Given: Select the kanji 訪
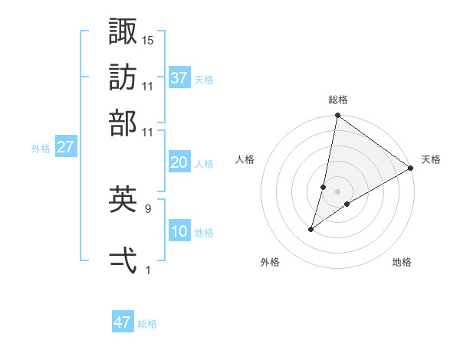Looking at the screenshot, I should pos(123,77).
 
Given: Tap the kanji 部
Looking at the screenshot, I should pos(123,123).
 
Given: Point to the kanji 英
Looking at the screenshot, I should pos(123,200).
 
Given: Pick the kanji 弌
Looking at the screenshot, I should pos(123,260).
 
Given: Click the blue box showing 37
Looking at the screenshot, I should pos(179,77).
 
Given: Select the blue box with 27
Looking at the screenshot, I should pos(65,147).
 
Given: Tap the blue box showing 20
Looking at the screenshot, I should pos(179,162).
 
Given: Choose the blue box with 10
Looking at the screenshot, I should pos(179,231).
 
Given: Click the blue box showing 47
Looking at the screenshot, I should pos(123,322).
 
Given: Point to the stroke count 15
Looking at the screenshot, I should pos(148,39).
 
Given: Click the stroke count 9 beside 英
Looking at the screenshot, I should pos(148,208).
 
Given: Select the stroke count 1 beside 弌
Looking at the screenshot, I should pos(148,269).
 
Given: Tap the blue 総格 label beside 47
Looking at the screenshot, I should pos(147,324).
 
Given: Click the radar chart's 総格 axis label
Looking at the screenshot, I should pos(337,100).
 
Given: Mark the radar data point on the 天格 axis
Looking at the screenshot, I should pos(411,169).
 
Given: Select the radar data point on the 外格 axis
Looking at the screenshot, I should pos(311,229).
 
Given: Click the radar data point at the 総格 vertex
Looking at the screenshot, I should pos(337,116).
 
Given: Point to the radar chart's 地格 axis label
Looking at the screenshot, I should pos(402,262).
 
